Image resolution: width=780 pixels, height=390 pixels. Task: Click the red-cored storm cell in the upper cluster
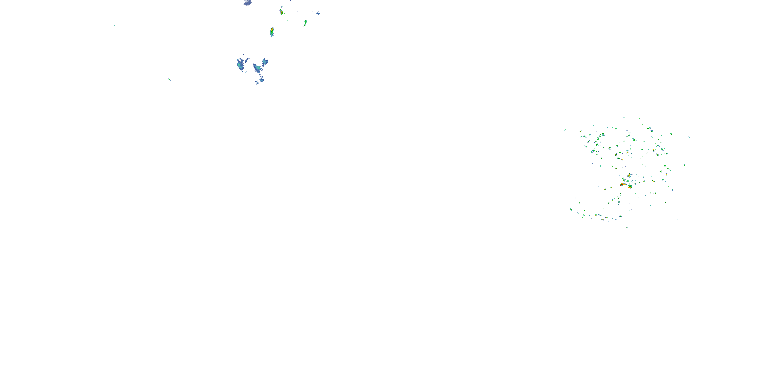pos(272,31)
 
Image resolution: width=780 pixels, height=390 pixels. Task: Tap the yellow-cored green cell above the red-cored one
pos(281,12)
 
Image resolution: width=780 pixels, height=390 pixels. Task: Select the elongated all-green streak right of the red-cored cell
pos(305,23)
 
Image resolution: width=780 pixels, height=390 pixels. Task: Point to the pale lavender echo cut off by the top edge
pos(247,3)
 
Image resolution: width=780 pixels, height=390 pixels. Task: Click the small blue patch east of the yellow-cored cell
pos(318,13)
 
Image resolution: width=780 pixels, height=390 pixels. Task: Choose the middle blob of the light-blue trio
pos(258,68)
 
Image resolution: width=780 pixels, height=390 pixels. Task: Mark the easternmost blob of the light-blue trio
pos(265,62)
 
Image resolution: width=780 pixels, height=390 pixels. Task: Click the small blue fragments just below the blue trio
pos(260,80)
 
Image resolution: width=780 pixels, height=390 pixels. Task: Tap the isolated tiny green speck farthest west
pos(115,26)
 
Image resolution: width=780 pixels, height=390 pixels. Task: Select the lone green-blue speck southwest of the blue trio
pos(169,79)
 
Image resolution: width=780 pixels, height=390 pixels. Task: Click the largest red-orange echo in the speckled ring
pos(623,184)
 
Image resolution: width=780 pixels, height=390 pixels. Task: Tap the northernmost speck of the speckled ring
pos(624,118)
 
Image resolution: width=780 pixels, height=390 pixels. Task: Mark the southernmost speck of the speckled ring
pos(627,227)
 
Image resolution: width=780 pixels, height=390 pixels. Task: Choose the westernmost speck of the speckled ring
pos(565,129)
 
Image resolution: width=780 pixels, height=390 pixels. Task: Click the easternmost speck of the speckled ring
pos(689,137)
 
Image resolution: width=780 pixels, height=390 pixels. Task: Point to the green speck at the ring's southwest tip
pos(571,209)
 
